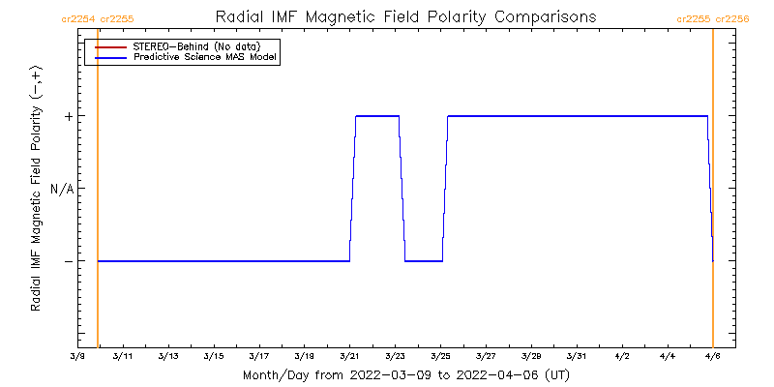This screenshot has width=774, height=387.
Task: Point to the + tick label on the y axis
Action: tap(69, 116)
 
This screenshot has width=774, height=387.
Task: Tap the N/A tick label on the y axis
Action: tap(62, 189)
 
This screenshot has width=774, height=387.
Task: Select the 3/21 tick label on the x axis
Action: tap(349, 356)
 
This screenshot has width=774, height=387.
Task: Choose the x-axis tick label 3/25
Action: tap(440, 356)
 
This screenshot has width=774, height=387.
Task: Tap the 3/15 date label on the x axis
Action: tap(213, 356)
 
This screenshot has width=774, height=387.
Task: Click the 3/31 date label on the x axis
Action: tap(577, 356)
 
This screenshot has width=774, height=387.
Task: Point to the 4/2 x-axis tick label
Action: tap(622, 356)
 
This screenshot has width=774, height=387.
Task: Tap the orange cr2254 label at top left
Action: tap(77, 18)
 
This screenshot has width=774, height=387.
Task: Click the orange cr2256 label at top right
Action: tap(732, 18)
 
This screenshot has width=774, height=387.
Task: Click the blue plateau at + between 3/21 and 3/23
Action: tap(377, 116)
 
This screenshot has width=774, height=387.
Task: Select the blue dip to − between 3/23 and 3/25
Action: tap(424, 260)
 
